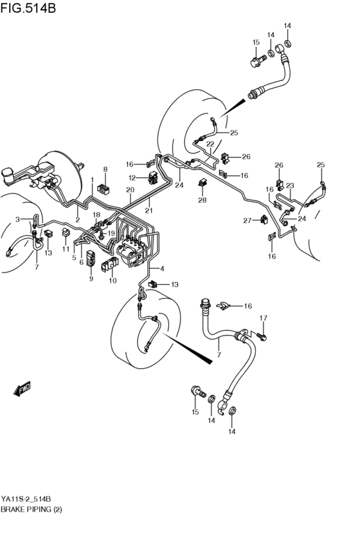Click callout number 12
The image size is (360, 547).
pyautogui.click(x=132, y=177)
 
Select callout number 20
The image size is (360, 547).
pyautogui.click(x=130, y=190)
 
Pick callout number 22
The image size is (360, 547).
pyautogui.click(x=210, y=144)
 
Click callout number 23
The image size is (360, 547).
pyautogui.click(x=290, y=185)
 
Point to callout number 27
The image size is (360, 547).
pyautogui.click(x=248, y=221)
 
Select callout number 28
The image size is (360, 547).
pyautogui.click(x=202, y=201)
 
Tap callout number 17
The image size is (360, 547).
pyautogui.click(x=263, y=318)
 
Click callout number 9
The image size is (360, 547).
pyautogui.click(x=91, y=278)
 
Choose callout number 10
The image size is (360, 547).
pyautogui.click(x=113, y=280)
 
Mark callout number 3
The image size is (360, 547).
pyautogui.click(x=18, y=219)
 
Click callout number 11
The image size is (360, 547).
pyautogui.click(x=66, y=249)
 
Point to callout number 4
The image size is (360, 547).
pyautogui.click(x=162, y=269)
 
